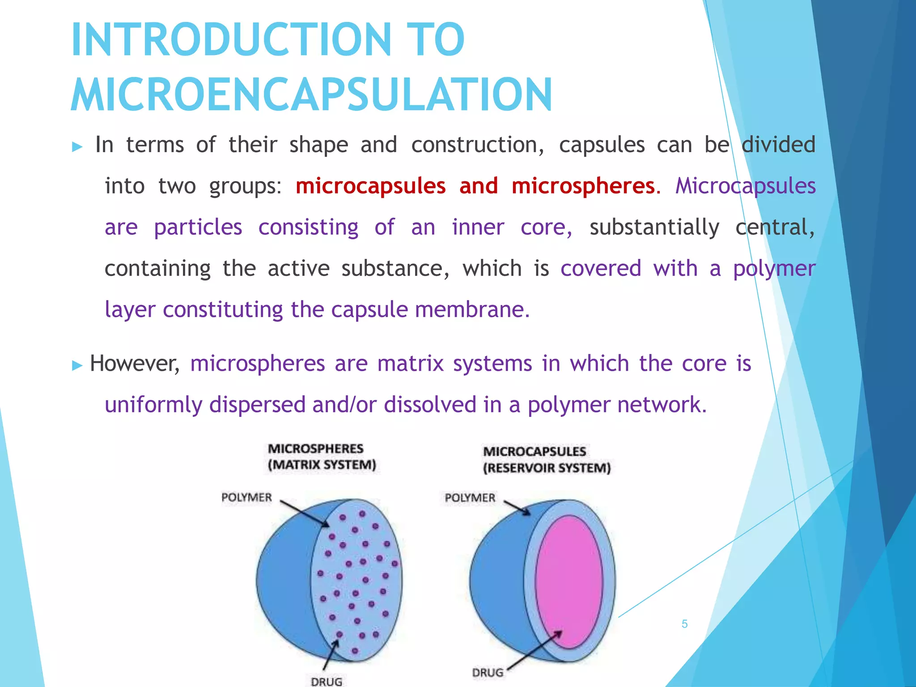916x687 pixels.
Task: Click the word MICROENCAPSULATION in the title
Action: tap(311, 95)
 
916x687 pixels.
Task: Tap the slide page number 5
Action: tap(684, 624)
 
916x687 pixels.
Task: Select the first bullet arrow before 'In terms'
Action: tap(77, 147)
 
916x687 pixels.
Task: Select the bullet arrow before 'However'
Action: tap(77, 365)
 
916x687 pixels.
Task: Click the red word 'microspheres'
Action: tap(583, 186)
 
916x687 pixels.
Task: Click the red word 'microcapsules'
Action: tap(370, 186)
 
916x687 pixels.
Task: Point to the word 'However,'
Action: tap(134, 363)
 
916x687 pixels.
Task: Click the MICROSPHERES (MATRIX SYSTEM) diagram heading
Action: tap(322, 457)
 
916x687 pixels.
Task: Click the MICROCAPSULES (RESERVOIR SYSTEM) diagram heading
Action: tap(547, 460)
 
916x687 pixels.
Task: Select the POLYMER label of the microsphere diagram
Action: tap(246, 497)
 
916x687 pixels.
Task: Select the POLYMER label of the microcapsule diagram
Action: tap(470, 498)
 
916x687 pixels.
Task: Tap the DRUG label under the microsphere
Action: tap(327, 681)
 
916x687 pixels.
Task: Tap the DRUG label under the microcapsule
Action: tap(488, 672)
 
